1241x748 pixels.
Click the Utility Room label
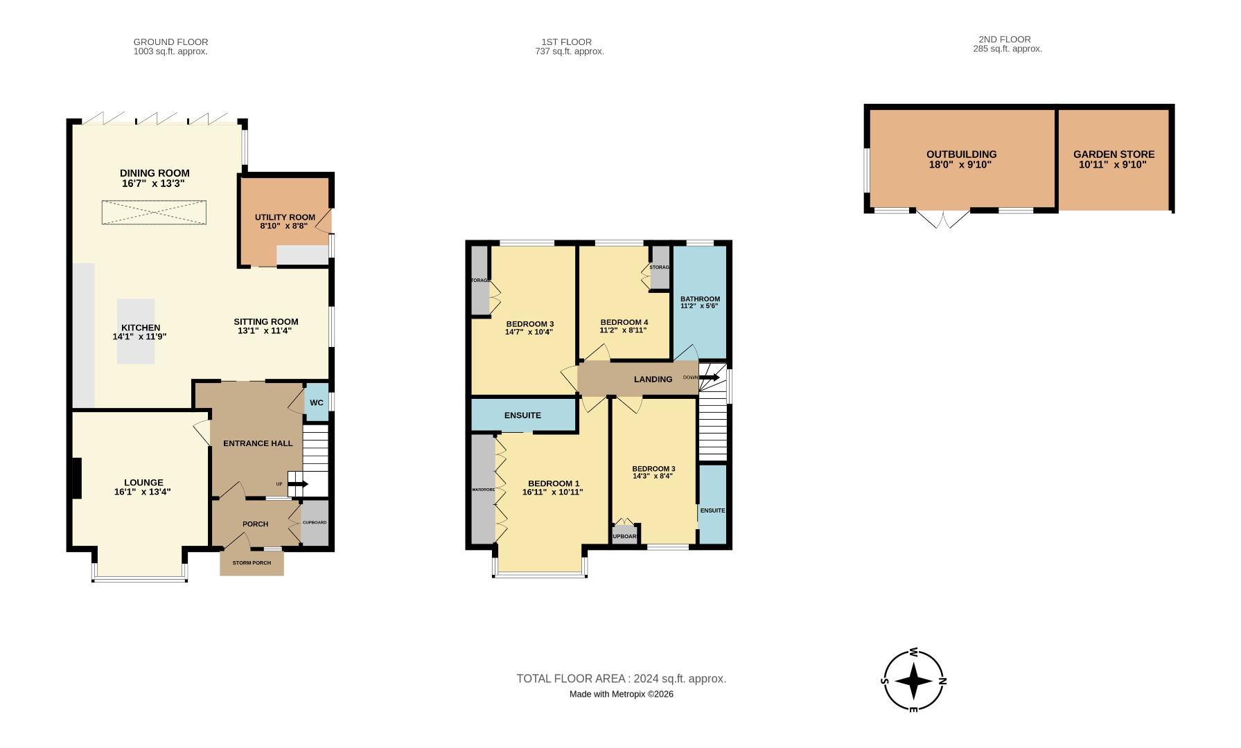tap(285, 217)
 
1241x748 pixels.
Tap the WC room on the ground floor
tap(317, 402)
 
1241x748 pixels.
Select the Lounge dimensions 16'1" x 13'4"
tap(143, 492)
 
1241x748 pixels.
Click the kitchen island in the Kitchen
tap(136, 331)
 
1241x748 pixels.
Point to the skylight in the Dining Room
tap(154, 212)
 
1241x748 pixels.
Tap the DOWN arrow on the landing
tap(709, 377)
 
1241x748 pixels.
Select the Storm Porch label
tap(252, 562)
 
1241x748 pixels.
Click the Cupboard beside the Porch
tap(314, 523)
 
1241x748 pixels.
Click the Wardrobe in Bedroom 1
tap(483, 489)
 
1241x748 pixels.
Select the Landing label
tap(653, 379)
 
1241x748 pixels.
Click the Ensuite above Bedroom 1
tap(522, 416)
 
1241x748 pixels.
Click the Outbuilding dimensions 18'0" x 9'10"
tap(960, 165)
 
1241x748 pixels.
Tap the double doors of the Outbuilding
tap(942, 217)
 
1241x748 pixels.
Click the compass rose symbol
tap(914, 681)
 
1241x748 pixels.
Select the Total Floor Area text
tap(621, 679)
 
